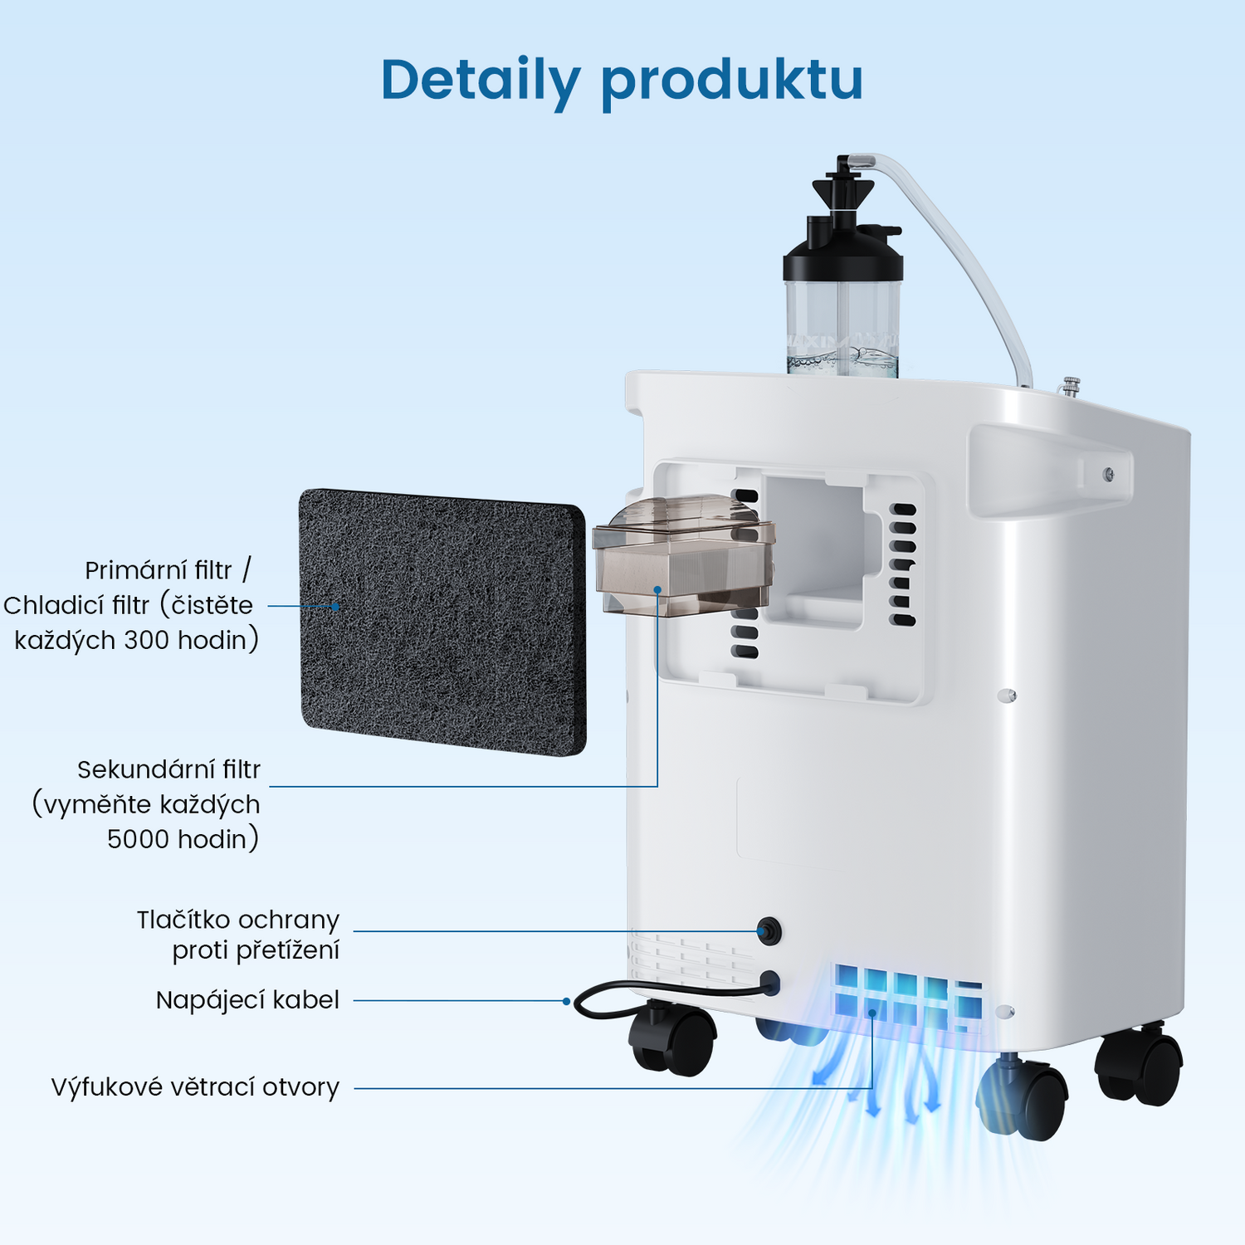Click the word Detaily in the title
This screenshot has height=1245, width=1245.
(x=480, y=81)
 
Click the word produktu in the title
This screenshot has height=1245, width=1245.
(x=731, y=82)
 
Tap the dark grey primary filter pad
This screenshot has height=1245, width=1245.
(x=442, y=622)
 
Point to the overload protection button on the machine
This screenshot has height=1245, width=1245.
(x=769, y=931)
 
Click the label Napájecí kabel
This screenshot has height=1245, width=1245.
(x=247, y=1000)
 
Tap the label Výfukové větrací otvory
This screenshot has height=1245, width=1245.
(x=195, y=1087)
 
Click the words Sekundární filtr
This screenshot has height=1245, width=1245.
(x=168, y=769)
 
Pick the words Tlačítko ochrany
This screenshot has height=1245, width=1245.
(x=238, y=920)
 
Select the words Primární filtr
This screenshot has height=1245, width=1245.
(x=159, y=570)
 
